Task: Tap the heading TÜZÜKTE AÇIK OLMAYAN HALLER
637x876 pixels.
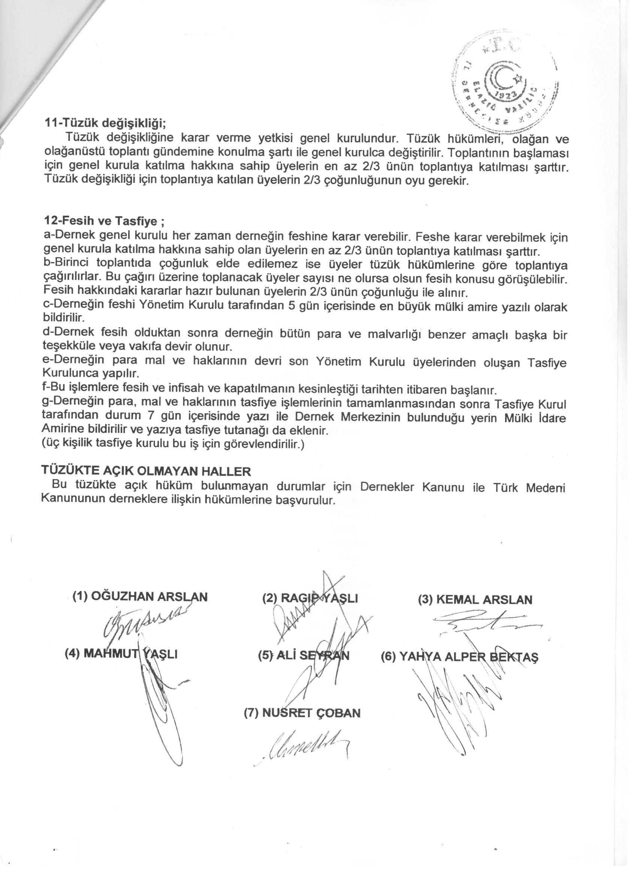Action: click(146, 472)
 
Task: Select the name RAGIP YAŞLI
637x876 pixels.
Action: click(310, 599)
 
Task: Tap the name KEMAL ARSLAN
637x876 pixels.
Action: click(475, 599)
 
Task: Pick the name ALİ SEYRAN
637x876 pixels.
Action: click(304, 655)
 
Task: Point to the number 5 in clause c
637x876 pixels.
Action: click(292, 306)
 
